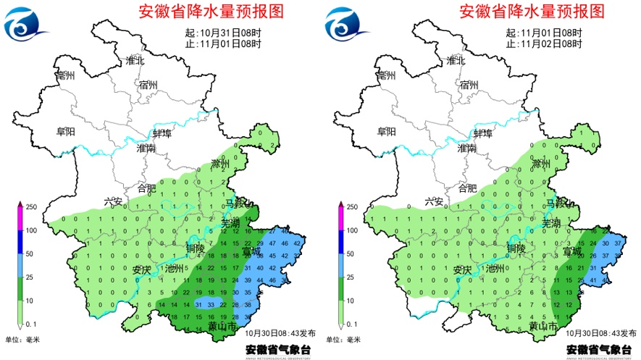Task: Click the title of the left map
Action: tap(211, 11)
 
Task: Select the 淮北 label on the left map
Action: tap(135, 61)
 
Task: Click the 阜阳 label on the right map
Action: tap(387, 132)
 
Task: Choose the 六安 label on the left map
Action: tap(114, 202)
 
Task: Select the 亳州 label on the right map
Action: tap(386, 75)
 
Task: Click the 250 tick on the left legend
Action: tap(30, 207)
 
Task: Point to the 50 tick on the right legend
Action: tap(350, 254)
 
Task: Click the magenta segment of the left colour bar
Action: tap(20, 219)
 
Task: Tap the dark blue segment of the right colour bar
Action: tap(340, 242)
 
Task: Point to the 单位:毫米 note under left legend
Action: tap(22, 338)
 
